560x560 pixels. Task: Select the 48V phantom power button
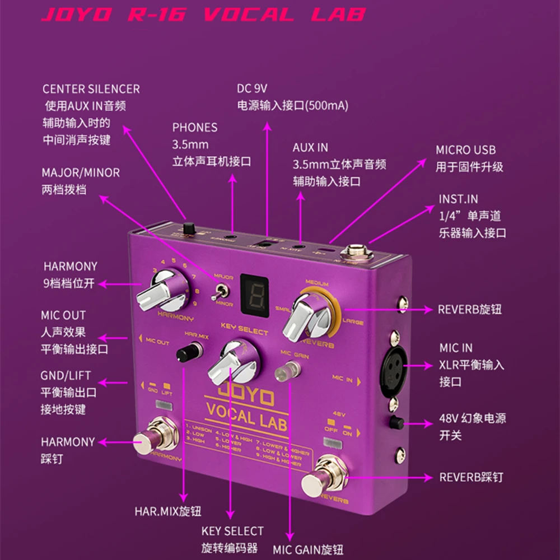coord(397,422)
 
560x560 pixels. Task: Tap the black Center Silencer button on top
coord(189,229)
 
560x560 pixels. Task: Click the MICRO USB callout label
coord(465,150)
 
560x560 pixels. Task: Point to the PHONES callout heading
coord(195,128)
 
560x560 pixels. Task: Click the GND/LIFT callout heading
coord(66,375)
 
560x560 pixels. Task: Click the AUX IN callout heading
coord(310,148)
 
